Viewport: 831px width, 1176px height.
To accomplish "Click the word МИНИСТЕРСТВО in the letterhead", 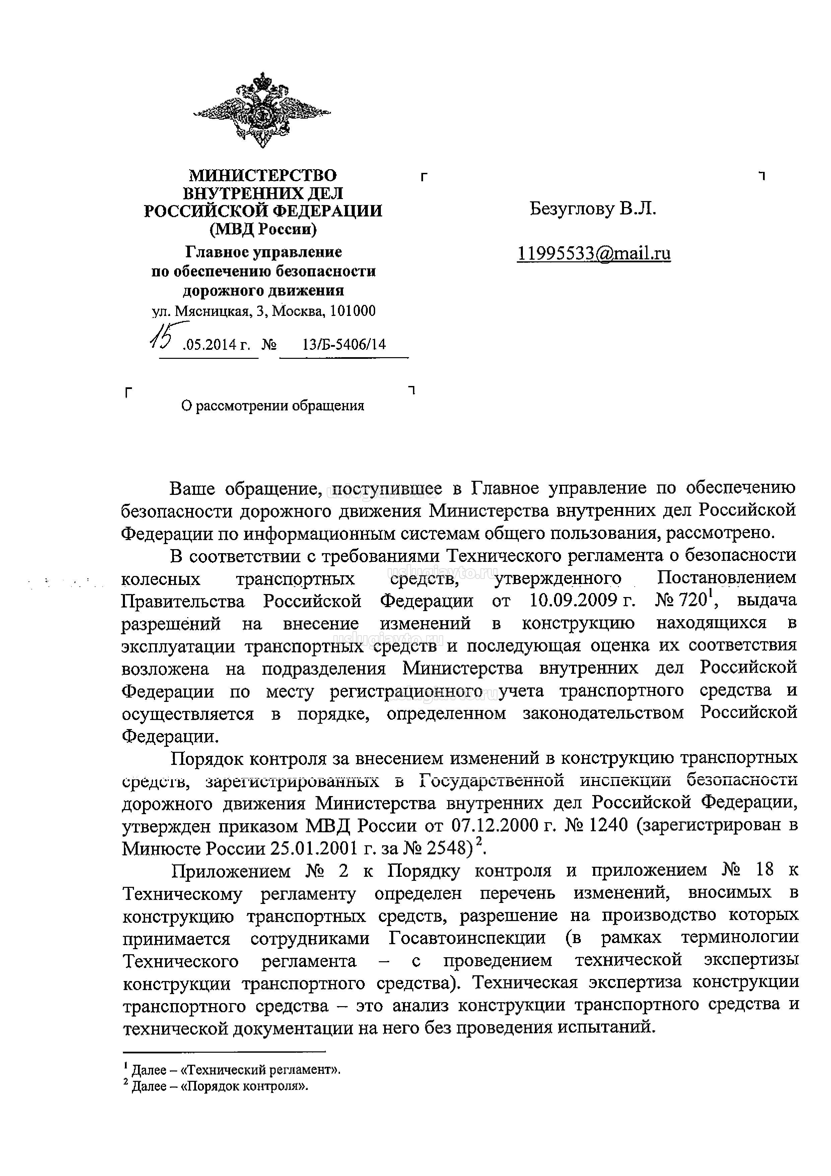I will (x=263, y=176).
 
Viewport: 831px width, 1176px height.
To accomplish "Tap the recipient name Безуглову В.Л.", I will (x=593, y=209).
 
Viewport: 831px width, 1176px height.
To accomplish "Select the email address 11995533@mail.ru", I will (x=594, y=254).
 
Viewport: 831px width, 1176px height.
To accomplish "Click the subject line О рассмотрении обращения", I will (x=272, y=406).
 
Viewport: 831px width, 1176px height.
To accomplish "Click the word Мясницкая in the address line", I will (x=212, y=311).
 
